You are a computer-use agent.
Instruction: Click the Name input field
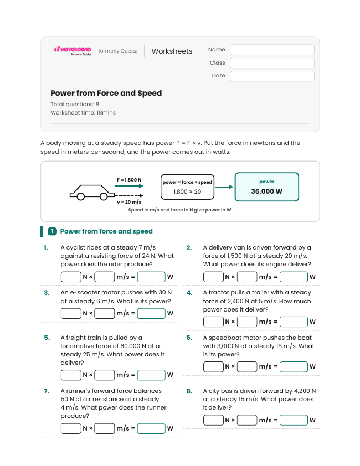click(272, 50)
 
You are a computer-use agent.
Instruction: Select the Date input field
click(272, 76)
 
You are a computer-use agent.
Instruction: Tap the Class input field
click(272, 63)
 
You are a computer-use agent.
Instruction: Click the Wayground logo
click(73, 51)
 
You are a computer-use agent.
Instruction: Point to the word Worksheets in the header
click(172, 51)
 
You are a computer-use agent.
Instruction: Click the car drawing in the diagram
click(92, 193)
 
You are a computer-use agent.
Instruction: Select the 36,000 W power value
click(266, 191)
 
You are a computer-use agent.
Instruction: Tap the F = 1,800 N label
click(129, 180)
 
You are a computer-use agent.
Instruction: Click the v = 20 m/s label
click(129, 202)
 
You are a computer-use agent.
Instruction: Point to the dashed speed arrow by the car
click(129, 195)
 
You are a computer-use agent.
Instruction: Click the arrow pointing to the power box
click(224, 187)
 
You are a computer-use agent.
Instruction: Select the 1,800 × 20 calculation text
click(187, 191)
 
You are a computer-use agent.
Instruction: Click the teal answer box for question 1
click(151, 277)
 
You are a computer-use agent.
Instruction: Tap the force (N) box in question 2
click(213, 277)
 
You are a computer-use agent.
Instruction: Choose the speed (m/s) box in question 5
click(105, 375)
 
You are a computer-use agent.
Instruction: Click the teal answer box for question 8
click(294, 420)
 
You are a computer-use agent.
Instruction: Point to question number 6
click(189, 338)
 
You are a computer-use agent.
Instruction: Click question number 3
click(47, 293)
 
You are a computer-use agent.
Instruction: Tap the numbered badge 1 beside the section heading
click(52, 231)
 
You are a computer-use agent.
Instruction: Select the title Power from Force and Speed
click(106, 93)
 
